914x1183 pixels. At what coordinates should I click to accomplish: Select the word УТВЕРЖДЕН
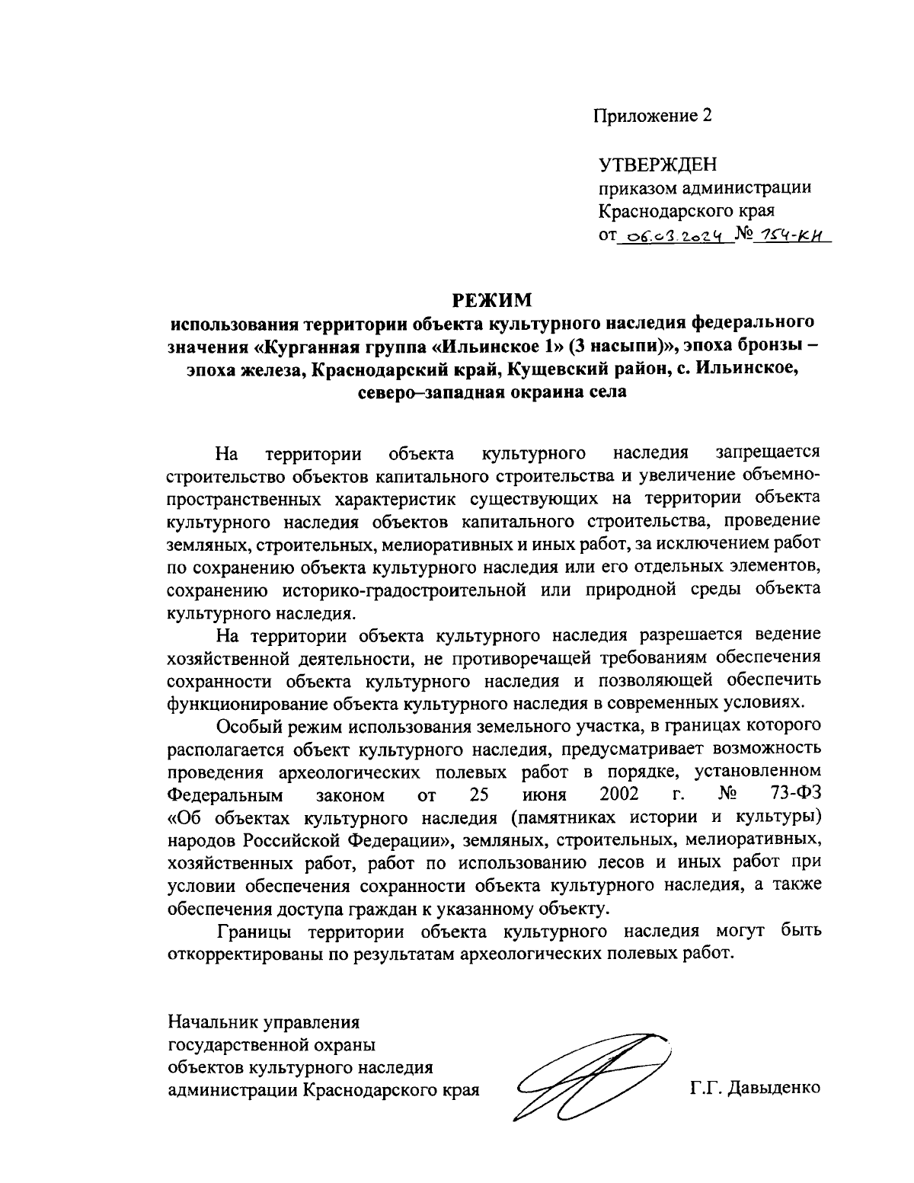[657, 165]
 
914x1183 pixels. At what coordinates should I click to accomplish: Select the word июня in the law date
[545, 795]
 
